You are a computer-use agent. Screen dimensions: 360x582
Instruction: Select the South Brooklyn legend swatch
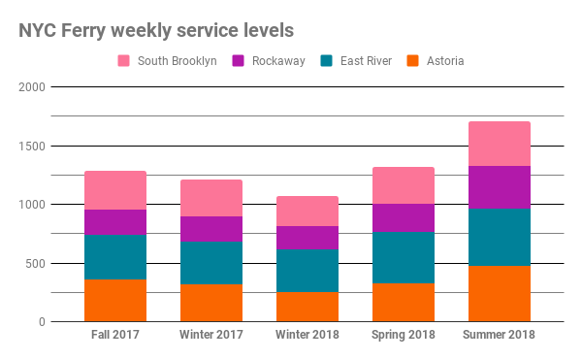pyautogui.click(x=124, y=61)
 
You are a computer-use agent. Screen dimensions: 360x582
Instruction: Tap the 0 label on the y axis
pyautogui.click(x=42, y=321)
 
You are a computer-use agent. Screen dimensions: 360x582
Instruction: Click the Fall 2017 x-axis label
pyautogui.click(x=114, y=336)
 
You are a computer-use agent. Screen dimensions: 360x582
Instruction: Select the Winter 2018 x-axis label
pyautogui.click(x=307, y=336)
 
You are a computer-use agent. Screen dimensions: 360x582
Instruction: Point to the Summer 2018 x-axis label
pyautogui.click(x=499, y=336)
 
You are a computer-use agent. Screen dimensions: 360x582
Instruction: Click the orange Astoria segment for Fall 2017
pyautogui.click(x=114, y=300)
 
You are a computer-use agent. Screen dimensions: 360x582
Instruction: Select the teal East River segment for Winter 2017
pyautogui.click(x=210, y=263)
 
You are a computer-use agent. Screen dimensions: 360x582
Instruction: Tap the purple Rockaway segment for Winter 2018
pyautogui.click(x=307, y=238)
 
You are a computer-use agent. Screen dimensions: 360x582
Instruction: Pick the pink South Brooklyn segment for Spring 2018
pyautogui.click(x=403, y=185)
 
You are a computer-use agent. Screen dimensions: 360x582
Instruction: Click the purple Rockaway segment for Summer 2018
pyautogui.click(x=499, y=187)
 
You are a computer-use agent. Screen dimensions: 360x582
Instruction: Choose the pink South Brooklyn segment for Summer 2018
pyautogui.click(x=499, y=144)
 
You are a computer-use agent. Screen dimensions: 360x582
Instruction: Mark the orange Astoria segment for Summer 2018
pyautogui.click(x=499, y=293)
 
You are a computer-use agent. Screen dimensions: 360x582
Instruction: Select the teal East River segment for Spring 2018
pyautogui.click(x=403, y=257)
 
